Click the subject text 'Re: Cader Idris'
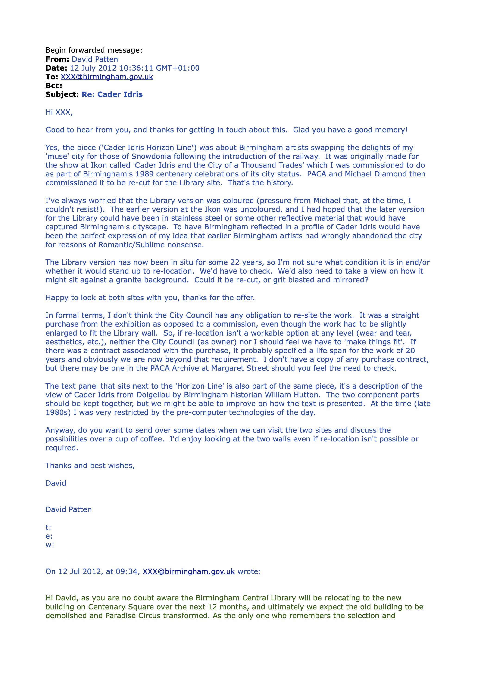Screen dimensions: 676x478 click(112, 95)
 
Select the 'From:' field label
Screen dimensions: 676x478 click(57, 59)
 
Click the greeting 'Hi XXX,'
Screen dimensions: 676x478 click(59, 112)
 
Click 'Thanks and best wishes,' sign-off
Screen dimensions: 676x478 click(90, 466)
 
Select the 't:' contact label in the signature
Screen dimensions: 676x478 click(48, 527)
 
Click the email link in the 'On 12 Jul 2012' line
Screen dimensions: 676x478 click(189, 571)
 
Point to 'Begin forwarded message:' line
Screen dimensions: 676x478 click(94, 50)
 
